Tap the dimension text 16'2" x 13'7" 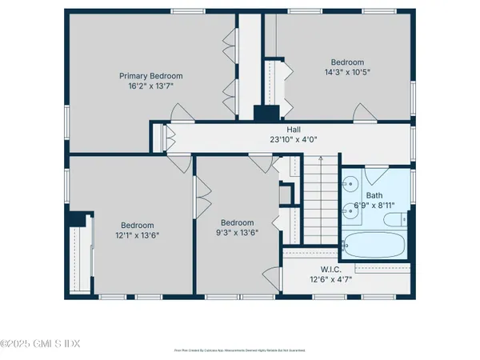click(147, 86)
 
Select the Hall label click(294, 129)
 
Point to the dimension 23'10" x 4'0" click(294, 138)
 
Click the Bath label click(374, 195)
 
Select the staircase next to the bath click(319, 200)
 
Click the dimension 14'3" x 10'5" click(347, 72)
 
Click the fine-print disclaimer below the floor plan click(240, 350)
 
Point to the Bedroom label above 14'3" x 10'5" click(347, 62)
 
